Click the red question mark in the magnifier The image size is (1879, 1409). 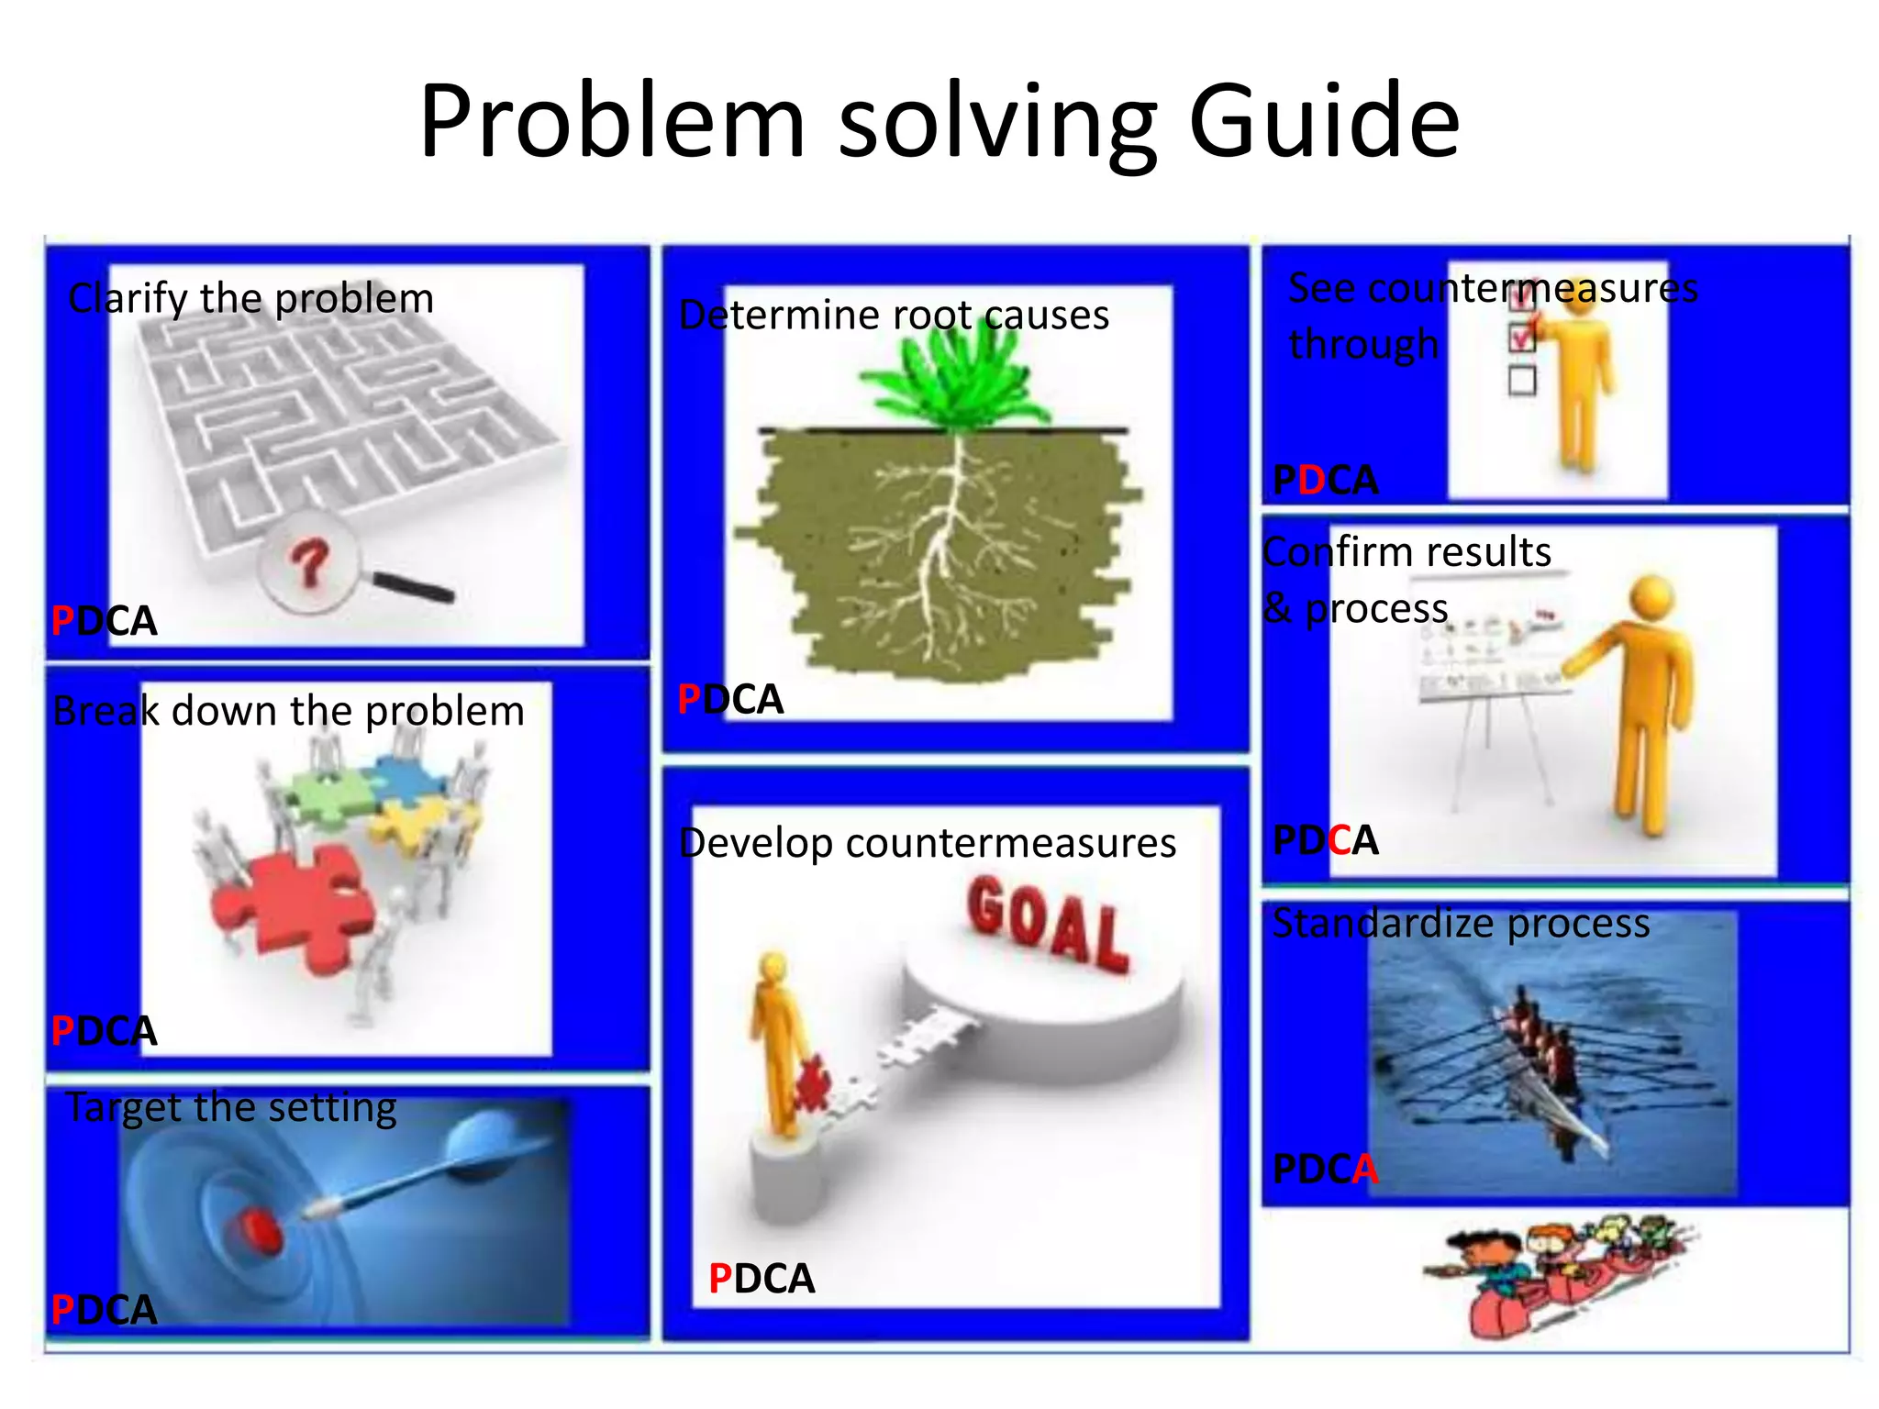point(309,563)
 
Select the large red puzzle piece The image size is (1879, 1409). point(292,908)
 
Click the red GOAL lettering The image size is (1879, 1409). point(1047,923)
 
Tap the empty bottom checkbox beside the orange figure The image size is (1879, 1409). point(1521,380)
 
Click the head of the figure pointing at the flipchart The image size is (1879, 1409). point(1651,597)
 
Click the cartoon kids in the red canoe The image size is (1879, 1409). point(1560,1270)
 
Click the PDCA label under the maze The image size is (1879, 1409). point(104,621)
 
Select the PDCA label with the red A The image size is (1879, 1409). point(1325,1169)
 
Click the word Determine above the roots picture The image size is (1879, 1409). point(780,316)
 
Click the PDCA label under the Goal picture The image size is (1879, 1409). point(761,1279)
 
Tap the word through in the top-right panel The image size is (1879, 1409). point(1363,345)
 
